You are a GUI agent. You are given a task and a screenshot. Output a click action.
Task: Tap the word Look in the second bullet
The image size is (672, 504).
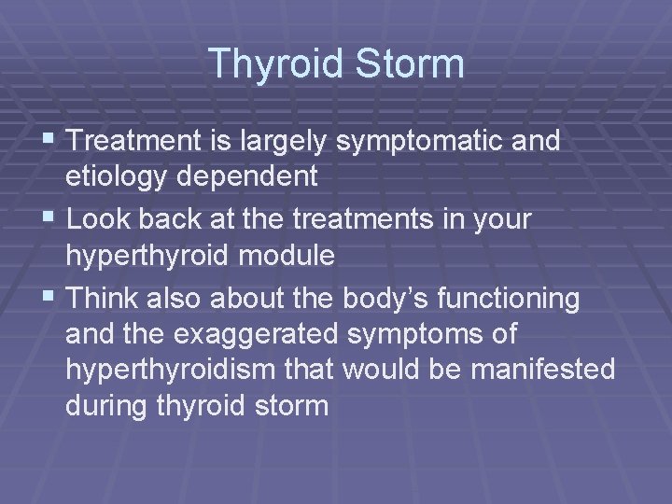point(100,219)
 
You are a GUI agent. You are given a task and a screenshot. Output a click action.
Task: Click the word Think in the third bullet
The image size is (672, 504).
point(103,299)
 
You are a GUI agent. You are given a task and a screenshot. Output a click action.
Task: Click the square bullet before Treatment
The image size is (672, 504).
point(52,142)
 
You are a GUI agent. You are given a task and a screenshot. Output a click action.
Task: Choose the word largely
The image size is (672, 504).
point(286,141)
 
